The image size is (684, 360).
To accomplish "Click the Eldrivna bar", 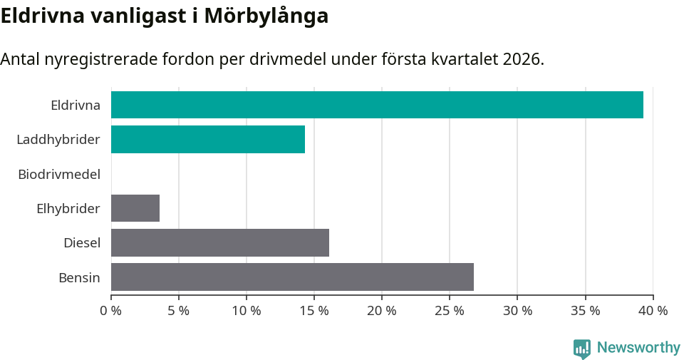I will coord(377,105).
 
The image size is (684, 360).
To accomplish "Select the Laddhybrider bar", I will coord(208,139).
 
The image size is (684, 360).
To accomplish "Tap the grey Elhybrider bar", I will coord(135,208).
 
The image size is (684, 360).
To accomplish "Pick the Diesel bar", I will coord(220,242).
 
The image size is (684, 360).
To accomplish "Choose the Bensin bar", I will coord(292,277).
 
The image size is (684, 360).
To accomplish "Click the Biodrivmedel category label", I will coord(59,174).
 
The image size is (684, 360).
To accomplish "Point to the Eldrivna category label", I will coord(76,106).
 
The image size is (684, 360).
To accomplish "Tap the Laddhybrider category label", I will coord(58,140).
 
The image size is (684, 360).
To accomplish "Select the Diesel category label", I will coord(82,243).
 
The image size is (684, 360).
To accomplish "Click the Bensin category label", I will coord(79,277).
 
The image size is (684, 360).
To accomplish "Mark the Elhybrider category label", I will coord(68,209).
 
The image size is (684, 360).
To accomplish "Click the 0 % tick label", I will coord(111,311).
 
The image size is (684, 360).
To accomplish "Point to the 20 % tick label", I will coord(382,311).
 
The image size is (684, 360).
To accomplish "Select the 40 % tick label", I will coord(653,311).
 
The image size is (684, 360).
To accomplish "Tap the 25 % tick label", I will coord(450,311).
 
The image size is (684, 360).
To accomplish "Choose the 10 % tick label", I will coord(247,311).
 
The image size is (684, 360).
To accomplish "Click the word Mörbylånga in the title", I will coord(266,16).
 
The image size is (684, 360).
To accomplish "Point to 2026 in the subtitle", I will coord(522,59).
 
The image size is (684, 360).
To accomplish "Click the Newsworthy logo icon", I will coord(582,348).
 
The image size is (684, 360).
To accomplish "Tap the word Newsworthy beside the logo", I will coord(638,348).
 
